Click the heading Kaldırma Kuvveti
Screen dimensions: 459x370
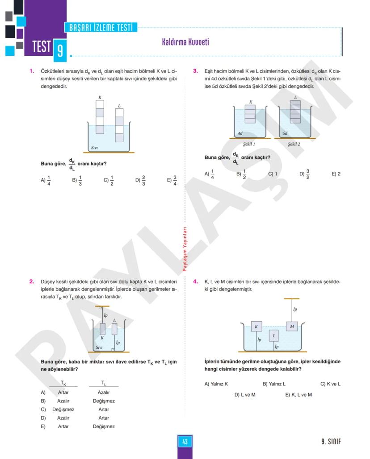coord(185,42)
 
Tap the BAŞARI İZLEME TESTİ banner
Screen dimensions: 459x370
coord(101,28)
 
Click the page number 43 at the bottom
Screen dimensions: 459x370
coord(185,442)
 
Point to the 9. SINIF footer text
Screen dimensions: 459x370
coord(331,442)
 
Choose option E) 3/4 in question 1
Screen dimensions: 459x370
coord(172,180)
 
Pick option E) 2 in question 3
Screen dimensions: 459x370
coord(336,174)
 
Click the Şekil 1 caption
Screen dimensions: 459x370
coord(249,145)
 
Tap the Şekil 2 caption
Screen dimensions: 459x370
coord(294,145)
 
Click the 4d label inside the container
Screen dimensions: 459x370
coord(240,133)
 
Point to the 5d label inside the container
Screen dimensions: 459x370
coord(285,133)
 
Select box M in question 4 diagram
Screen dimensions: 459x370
coord(292,327)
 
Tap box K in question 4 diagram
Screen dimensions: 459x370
coord(256,327)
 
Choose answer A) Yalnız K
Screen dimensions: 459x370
coord(216,384)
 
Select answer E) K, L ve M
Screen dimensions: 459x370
coord(299,395)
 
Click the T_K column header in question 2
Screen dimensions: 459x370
coord(63,383)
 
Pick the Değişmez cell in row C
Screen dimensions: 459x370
coord(63,409)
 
